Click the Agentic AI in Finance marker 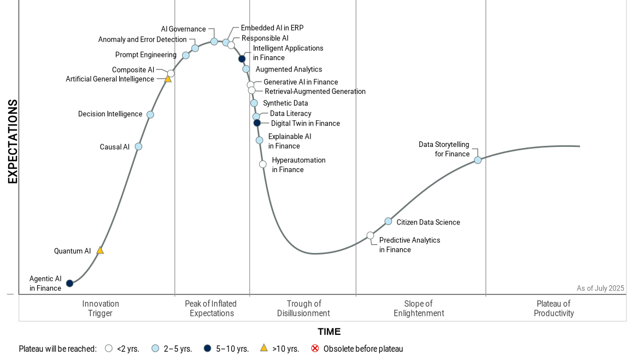[69, 283]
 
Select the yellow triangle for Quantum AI [100, 250]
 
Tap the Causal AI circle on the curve [138, 146]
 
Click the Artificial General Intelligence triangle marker [168, 79]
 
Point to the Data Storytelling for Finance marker [478, 160]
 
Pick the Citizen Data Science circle [388, 221]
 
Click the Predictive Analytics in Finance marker [370, 235]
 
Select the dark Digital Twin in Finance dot [257, 123]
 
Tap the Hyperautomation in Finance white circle [263, 164]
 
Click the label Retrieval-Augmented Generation [315, 91]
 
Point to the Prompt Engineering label [145, 55]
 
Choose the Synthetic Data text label [285, 103]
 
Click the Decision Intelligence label [110, 114]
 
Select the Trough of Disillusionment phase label [303, 308]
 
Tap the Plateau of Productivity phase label [554, 308]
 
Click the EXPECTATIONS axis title [13, 141]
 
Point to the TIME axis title [329, 332]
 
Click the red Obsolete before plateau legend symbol [315, 349]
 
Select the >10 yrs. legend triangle [263, 348]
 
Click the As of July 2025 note [600, 288]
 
